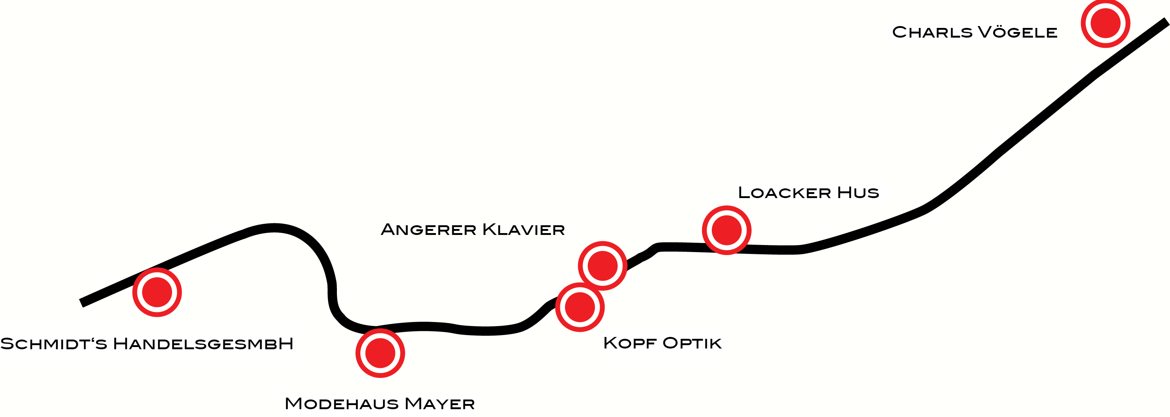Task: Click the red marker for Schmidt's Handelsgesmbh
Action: click(157, 292)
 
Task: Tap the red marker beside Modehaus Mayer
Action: click(380, 353)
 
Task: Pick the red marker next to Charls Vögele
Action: click(1105, 23)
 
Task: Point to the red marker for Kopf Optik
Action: click(580, 307)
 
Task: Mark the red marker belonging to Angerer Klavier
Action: click(602, 266)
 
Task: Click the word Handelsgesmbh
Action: click(203, 344)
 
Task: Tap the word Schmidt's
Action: click(54, 344)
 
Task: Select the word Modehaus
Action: click(342, 403)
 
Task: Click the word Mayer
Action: click(440, 403)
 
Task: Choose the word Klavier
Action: click(523, 229)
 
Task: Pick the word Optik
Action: click(692, 343)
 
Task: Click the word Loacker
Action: click(784, 192)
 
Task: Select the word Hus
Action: click(858, 192)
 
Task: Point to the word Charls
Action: click(932, 32)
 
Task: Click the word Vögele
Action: click(1017, 32)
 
